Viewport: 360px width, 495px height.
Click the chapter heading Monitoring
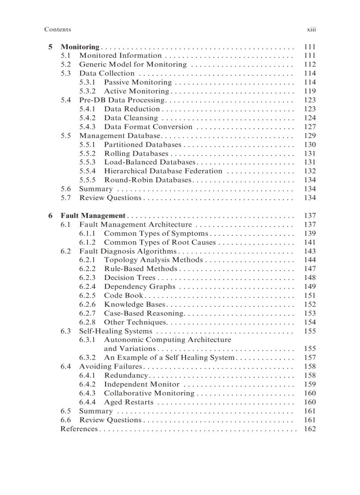coord(80,47)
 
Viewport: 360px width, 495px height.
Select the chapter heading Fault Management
coord(93,216)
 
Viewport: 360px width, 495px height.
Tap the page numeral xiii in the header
coord(311,30)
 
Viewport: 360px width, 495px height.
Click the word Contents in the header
coord(57,30)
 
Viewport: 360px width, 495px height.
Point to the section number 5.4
coord(66,100)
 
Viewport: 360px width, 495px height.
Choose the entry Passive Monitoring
coord(138,82)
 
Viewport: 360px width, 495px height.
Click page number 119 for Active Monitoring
coord(310,91)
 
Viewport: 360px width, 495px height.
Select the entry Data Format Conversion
coord(148,127)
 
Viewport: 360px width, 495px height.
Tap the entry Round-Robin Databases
coord(147,180)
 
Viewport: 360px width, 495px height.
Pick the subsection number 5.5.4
coord(87,171)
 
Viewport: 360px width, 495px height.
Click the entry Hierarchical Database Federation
coord(163,171)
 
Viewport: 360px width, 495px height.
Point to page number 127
coord(310,127)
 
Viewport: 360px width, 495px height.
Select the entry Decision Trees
coord(130,278)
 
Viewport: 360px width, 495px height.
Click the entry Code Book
coord(124,295)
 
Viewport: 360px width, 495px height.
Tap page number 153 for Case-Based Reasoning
coord(310,313)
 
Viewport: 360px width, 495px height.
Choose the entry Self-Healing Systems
coord(116,331)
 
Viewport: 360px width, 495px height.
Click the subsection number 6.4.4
coord(87,402)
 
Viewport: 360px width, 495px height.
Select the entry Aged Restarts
coord(129,402)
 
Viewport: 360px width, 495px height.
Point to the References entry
coord(79,429)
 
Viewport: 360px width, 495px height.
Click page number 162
coord(310,429)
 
